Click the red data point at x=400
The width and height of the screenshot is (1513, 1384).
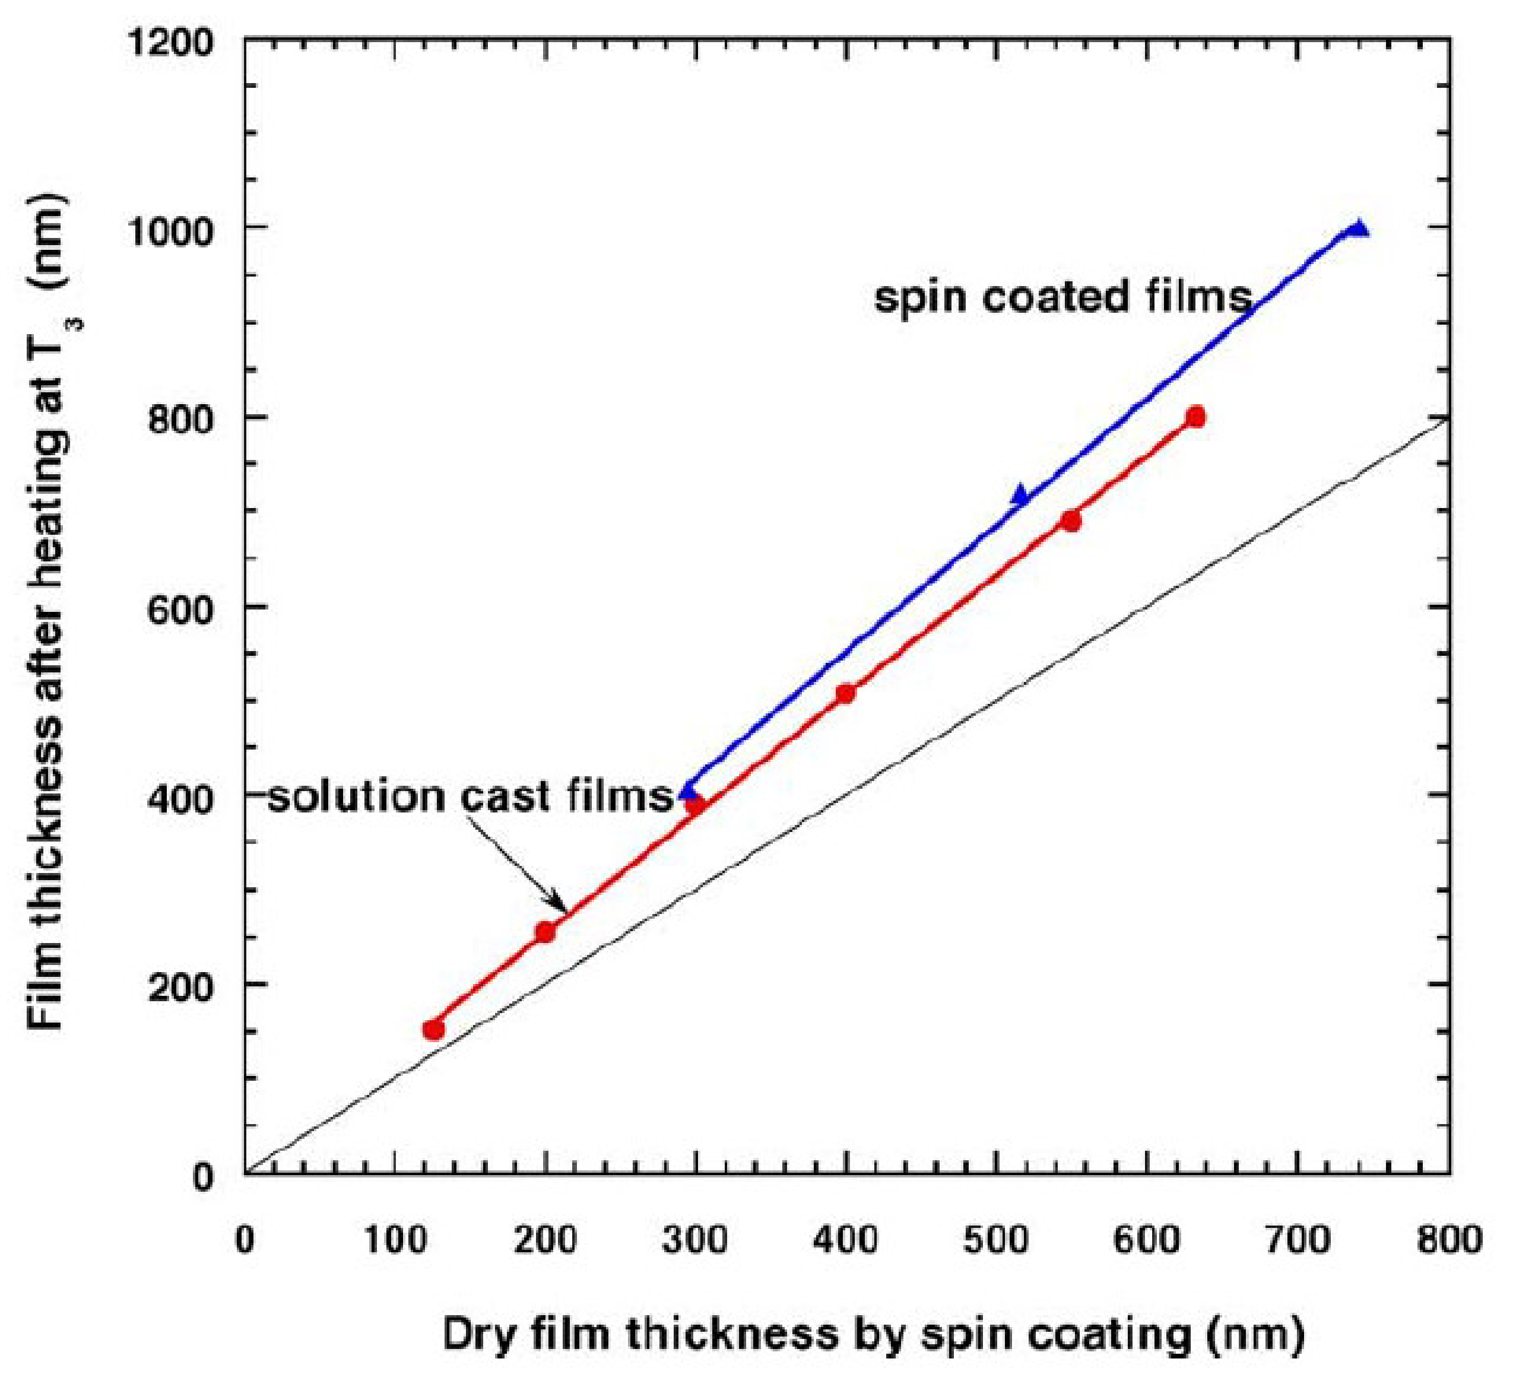pyautogui.click(x=846, y=693)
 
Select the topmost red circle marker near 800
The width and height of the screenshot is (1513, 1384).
pyautogui.click(x=1196, y=417)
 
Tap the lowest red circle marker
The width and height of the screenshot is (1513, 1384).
pyautogui.click(x=434, y=1029)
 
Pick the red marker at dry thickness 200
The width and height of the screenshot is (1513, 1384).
pyautogui.click(x=545, y=932)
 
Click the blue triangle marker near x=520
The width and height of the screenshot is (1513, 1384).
pyautogui.click(x=1020, y=494)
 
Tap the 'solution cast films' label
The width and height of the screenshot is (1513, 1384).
pyautogui.click(x=471, y=796)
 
